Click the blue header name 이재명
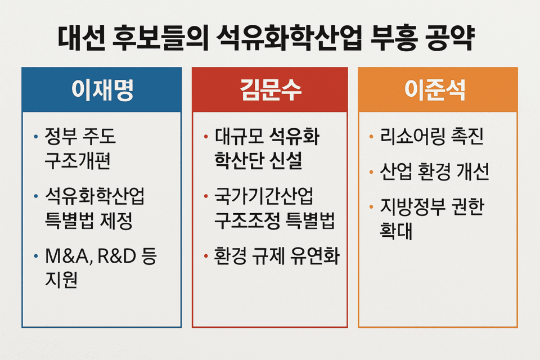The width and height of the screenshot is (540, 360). coord(102,91)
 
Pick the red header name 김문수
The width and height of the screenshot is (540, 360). coord(269,91)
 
